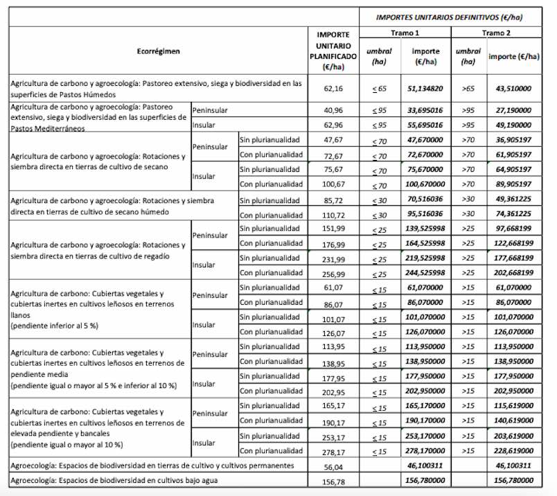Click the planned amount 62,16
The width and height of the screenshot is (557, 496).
tap(333, 89)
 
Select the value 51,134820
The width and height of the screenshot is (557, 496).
tap(425, 89)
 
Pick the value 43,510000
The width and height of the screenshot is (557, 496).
tap(514, 89)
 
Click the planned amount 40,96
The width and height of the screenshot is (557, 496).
tap(333, 110)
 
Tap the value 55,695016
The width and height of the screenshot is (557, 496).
tap(425, 125)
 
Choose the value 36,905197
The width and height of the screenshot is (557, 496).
tap(514, 140)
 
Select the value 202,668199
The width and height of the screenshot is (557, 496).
tap(513, 273)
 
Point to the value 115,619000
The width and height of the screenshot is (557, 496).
tap(513, 406)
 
